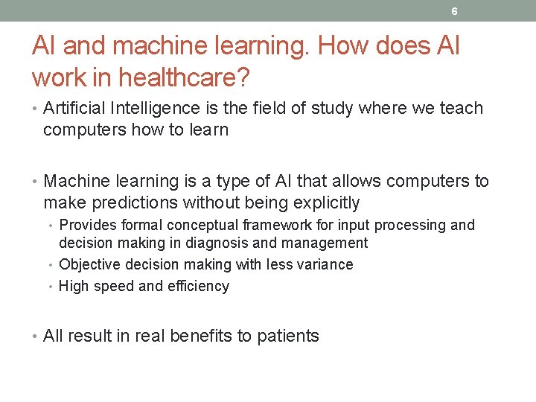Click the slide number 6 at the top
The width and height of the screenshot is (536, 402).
coord(454,11)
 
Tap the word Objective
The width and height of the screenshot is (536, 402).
coord(89,264)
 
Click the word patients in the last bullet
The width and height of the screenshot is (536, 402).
coord(288,336)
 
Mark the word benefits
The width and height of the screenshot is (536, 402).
coord(202,336)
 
